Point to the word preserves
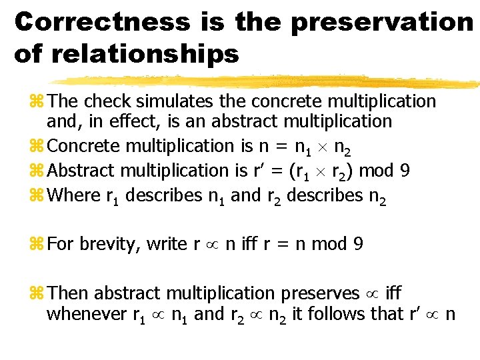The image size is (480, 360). (322, 293)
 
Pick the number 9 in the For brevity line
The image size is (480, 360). (358, 244)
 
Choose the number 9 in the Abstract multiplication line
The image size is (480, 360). (405, 171)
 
